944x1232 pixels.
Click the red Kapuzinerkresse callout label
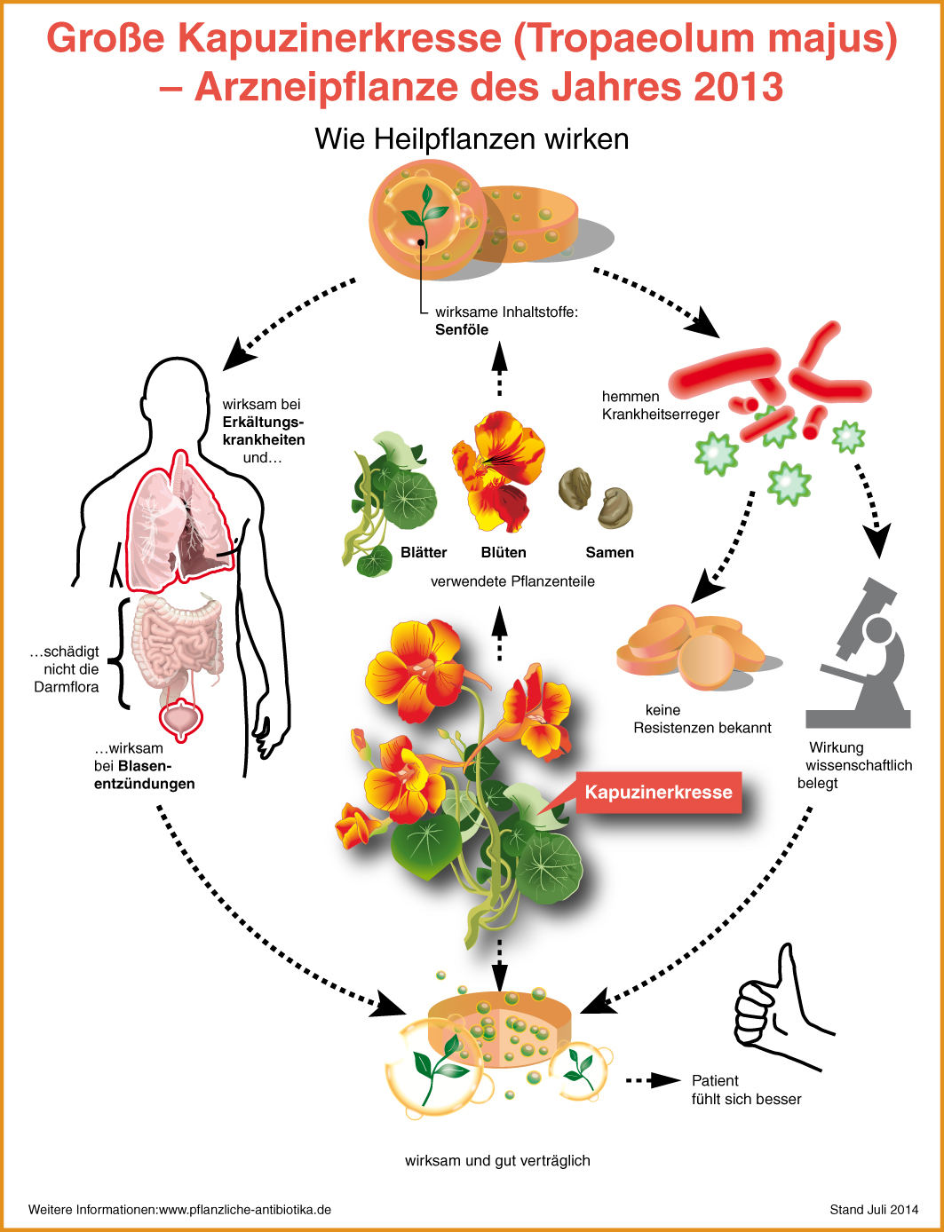pos(658,792)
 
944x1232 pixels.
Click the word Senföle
pos(462,329)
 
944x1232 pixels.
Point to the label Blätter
pos(424,552)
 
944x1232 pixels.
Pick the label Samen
pos(609,552)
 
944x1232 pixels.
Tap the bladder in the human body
pos(180,719)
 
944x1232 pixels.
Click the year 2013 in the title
pos(739,87)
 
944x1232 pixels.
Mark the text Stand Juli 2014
pos(874,1209)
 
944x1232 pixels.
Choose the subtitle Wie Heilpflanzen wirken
pos(472,139)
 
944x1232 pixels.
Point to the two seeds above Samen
pos(596,497)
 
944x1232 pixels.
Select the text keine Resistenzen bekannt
pos(702,719)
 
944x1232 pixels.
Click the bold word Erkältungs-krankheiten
pos(264,430)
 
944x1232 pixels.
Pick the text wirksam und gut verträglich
pos(497,1160)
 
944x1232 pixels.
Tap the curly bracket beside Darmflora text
pos(120,652)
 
